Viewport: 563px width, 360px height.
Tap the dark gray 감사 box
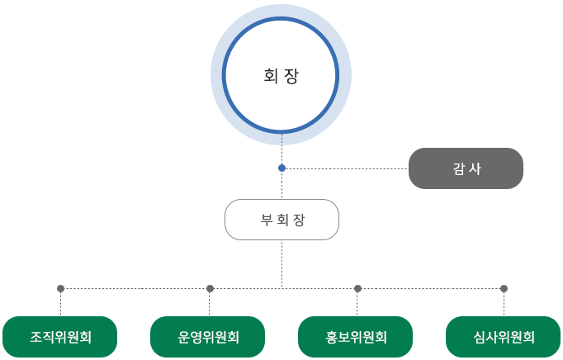click(466, 168)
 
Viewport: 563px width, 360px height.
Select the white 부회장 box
click(281, 220)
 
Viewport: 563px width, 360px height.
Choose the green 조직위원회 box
click(60, 337)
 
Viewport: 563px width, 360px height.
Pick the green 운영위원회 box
click(208, 337)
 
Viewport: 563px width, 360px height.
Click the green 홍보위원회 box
click(356, 337)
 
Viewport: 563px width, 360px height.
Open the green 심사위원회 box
click(504, 337)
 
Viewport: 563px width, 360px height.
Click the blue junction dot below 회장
click(281, 168)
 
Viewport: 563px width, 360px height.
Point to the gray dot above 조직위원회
click(60, 288)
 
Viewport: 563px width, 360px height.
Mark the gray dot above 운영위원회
click(210, 288)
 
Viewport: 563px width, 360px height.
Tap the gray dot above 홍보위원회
click(357, 288)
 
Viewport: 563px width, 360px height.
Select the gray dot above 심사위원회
click(504, 288)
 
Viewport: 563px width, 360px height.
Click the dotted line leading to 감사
click(347, 168)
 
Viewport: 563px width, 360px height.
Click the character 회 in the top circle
click(270, 76)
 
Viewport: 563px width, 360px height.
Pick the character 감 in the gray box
click(458, 168)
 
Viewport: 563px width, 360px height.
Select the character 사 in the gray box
click(475, 168)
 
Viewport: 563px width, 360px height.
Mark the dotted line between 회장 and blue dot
click(281, 149)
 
